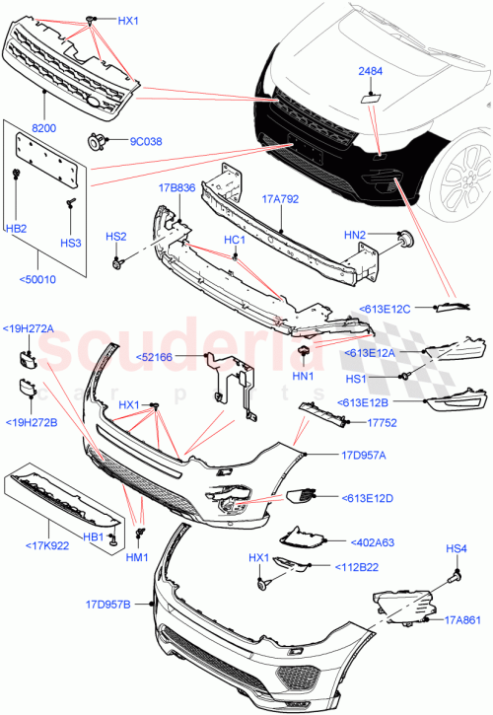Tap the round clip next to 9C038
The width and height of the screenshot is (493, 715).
(98, 140)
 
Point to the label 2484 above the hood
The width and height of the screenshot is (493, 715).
(370, 71)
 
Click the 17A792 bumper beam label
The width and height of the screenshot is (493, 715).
(280, 197)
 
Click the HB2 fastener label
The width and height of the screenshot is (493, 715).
(18, 228)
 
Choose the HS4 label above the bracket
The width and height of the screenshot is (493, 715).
(458, 548)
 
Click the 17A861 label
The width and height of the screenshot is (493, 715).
(461, 619)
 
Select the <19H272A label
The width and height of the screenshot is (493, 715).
(29, 327)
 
